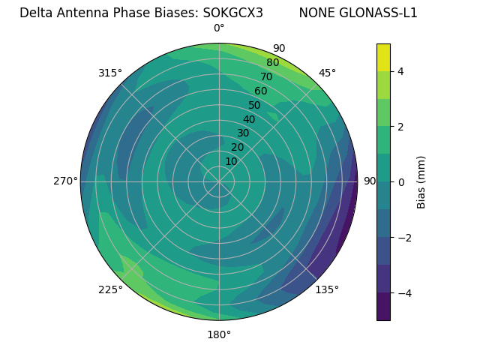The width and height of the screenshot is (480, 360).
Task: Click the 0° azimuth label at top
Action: coord(219,28)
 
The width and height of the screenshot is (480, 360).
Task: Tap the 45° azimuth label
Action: coord(327,73)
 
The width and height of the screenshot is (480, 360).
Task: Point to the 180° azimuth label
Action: coord(219,334)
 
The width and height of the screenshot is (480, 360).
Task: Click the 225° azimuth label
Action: coord(110,289)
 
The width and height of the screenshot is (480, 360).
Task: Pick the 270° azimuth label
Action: coord(65,181)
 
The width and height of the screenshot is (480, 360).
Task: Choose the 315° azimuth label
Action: coord(110,73)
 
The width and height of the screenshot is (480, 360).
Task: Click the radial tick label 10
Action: coord(231,162)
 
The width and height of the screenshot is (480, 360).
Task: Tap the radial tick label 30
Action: coord(243,133)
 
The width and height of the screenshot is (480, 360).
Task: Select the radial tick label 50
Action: coord(254,106)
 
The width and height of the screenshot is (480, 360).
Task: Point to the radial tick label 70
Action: coord(266,77)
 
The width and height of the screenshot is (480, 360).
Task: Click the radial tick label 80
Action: coord(272,63)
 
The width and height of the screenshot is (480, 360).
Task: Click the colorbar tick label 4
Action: coord(400,71)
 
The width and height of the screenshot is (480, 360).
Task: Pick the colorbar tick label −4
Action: coord(403,292)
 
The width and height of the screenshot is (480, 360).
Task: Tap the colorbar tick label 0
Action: coord(400,181)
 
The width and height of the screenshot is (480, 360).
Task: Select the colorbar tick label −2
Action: coord(403,237)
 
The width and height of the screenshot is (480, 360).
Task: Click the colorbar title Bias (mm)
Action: coord(421,182)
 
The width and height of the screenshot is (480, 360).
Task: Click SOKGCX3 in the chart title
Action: coord(232,13)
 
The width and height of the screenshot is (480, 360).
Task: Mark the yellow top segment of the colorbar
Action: coord(383,57)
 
